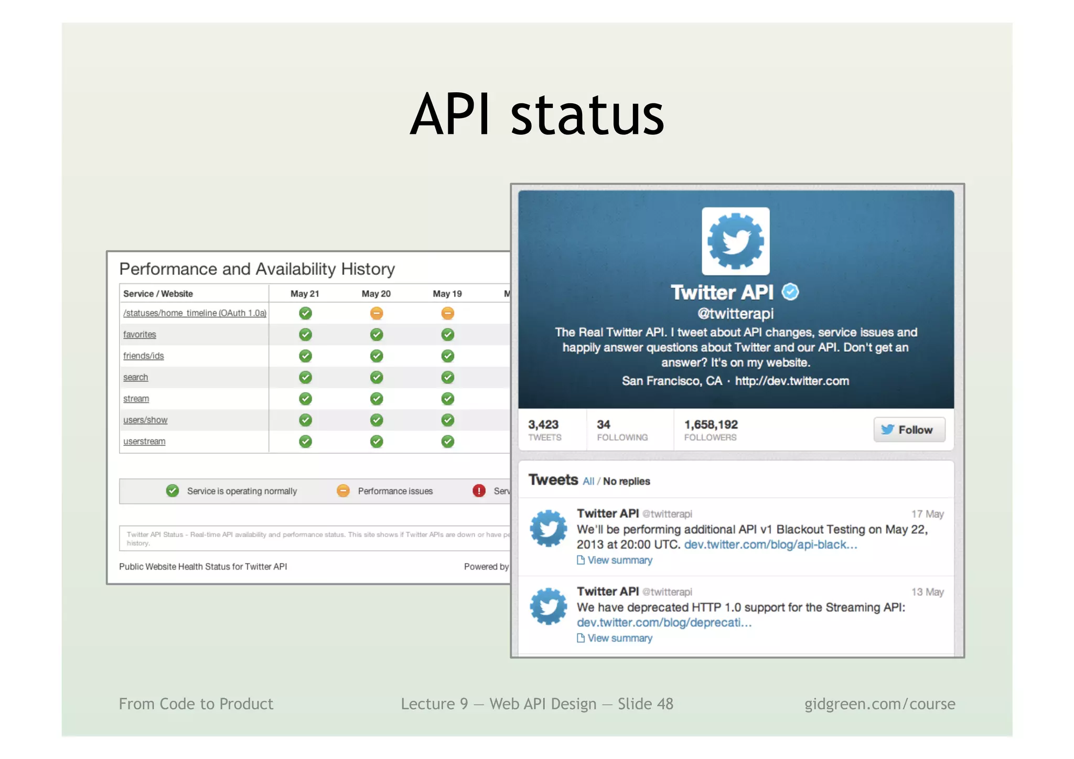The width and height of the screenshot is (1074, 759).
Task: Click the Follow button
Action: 909,430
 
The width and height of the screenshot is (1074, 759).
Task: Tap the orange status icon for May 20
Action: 376,313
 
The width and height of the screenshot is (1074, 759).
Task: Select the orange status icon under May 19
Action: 447,313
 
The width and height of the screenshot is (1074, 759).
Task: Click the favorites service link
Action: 139,335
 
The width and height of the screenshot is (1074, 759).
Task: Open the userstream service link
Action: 144,442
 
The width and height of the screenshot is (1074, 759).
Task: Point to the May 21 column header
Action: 305,294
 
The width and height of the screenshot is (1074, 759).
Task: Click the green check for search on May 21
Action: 305,377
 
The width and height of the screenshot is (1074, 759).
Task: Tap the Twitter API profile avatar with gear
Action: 735,241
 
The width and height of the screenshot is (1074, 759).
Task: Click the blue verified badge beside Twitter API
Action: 790,292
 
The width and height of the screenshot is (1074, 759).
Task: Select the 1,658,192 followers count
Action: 711,424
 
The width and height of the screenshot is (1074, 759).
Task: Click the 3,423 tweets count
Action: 543,424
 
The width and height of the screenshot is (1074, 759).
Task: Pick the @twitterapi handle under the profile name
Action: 735,314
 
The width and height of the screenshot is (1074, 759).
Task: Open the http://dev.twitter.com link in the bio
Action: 792,381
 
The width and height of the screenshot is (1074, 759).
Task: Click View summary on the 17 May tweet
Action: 619,560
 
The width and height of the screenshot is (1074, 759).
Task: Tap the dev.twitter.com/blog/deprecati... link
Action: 664,623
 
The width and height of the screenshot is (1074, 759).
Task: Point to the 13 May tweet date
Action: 927,592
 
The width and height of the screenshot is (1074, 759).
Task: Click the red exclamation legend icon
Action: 479,491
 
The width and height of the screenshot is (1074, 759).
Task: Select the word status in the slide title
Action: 587,114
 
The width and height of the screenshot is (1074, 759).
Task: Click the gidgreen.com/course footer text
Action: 879,704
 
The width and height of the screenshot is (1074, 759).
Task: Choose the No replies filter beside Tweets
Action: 626,482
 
